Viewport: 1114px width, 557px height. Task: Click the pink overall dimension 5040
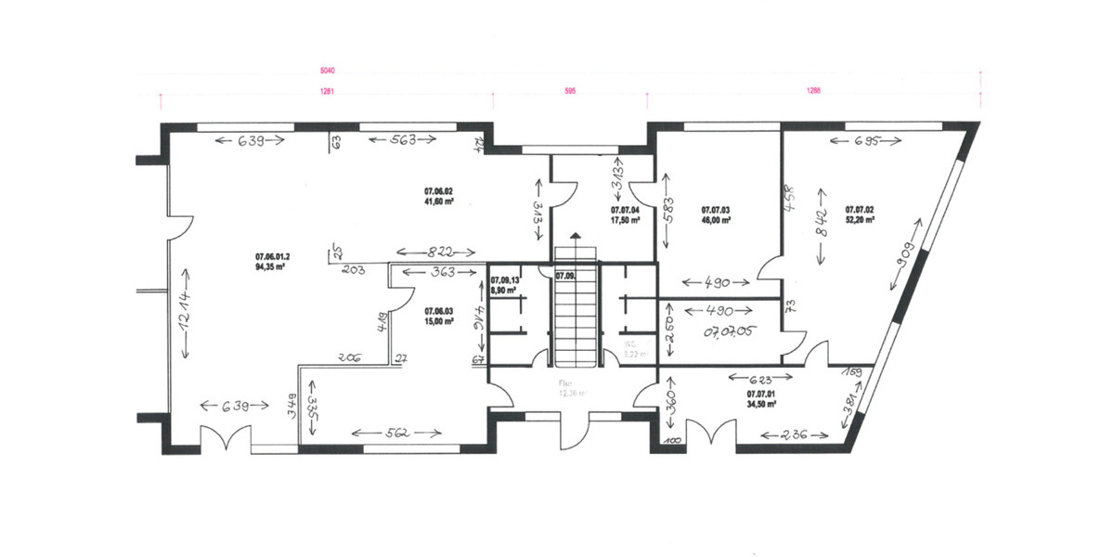[x=559, y=70]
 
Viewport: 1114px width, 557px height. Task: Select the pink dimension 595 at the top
[x=570, y=91]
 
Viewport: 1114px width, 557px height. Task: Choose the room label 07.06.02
[x=438, y=190]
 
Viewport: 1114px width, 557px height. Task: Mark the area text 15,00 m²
[x=438, y=321]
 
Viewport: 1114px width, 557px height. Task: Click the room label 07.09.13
[x=506, y=278]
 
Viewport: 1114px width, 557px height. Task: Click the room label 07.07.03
[x=716, y=211]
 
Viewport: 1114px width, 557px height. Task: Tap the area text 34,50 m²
[x=761, y=404]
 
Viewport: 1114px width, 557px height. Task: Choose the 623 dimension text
[x=761, y=378]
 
